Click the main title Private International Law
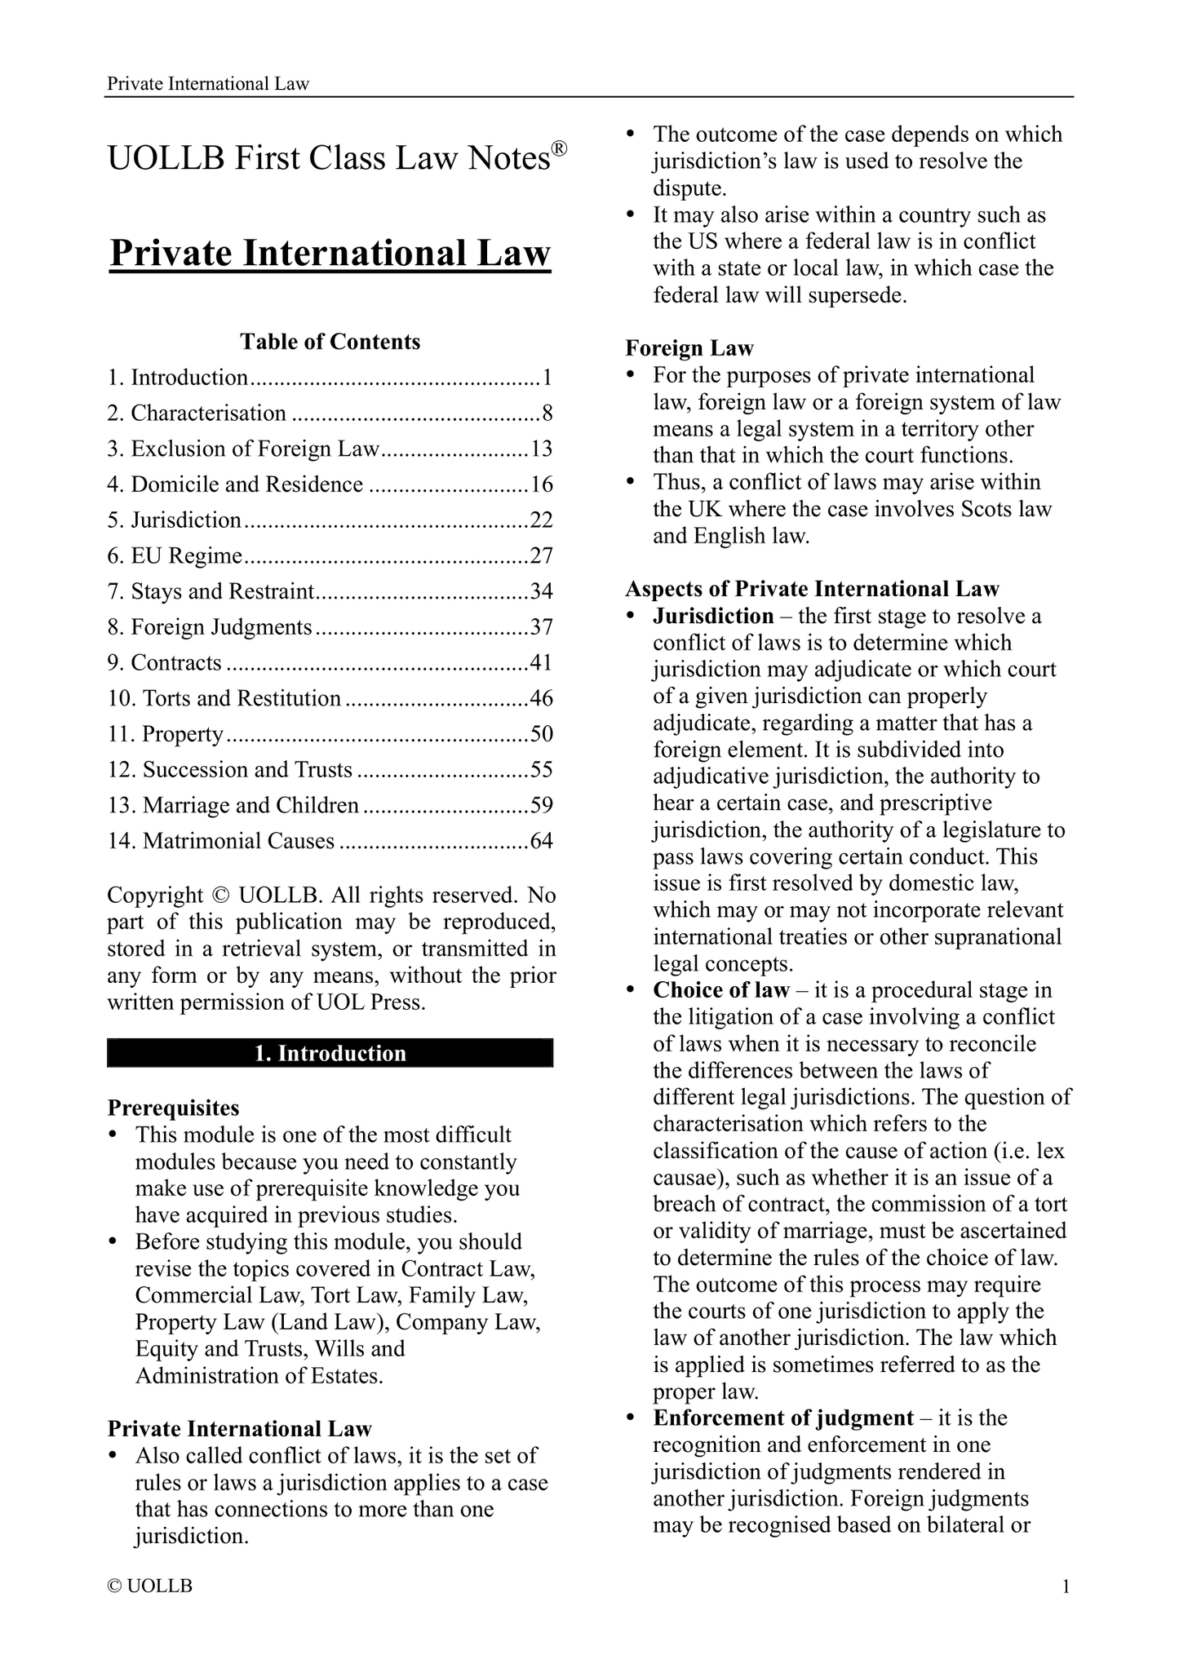(x=330, y=253)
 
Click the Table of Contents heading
(x=330, y=341)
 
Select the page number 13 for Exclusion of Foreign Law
(x=542, y=449)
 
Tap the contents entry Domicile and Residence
(x=247, y=484)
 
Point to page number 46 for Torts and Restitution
(x=542, y=698)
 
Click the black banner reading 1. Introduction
(x=330, y=1053)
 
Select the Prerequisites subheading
(x=174, y=1108)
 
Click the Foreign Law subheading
(x=689, y=348)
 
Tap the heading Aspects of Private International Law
(x=812, y=589)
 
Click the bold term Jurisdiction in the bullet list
(x=713, y=616)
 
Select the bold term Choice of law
(x=721, y=990)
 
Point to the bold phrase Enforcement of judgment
(x=783, y=1418)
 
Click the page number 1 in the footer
(x=1066, y=1586)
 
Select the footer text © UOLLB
(x=150, y=1586)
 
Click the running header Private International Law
(x=208, y=84)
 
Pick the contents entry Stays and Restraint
(x=223, y=591)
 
